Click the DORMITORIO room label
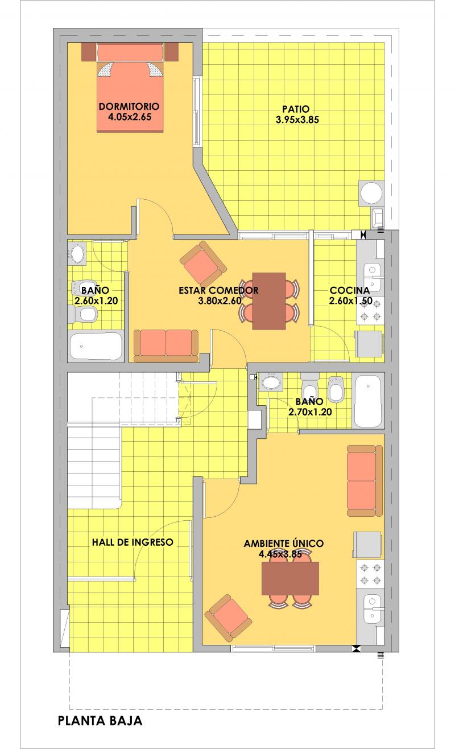click(129, 106)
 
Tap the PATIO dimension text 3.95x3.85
click(297, 120)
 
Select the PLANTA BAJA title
click(100, 721)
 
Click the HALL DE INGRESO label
click(133, 542)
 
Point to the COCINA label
click(350, 290)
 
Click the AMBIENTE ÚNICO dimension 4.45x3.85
click(280, 554)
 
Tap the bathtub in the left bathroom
click(96, 346)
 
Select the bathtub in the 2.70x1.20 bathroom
click(368, 401)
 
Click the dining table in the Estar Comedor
click(269, 301)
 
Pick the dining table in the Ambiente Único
click(290, 578)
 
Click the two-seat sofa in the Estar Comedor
click(166, 345)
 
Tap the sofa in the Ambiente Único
click(365, 481)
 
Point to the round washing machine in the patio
click(371, 194)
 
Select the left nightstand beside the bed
click(89, 51)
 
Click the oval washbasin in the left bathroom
click(77, 253)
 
